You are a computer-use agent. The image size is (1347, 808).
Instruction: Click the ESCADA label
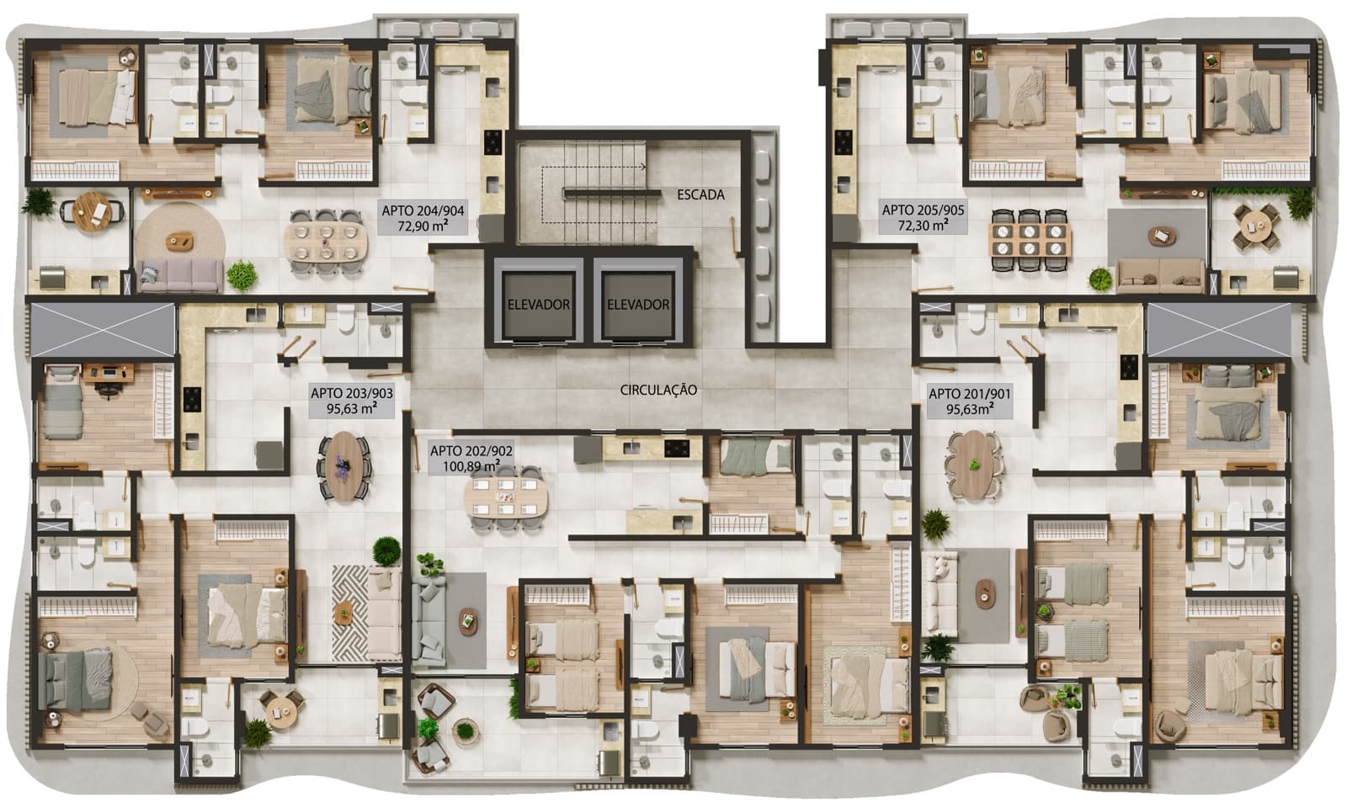tap(700, 194)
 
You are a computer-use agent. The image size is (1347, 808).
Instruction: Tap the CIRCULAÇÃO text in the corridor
tap(658, 391)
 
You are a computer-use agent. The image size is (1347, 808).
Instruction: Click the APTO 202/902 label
tap(471, 450)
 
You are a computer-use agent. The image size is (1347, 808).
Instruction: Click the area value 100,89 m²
tap(471, 466)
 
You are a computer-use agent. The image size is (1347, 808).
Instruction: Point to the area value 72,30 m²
tap(923, 226)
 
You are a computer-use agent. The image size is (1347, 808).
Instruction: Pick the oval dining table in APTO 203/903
tap(344, 466)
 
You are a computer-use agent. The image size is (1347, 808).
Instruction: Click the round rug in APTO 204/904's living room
tap(180, 241)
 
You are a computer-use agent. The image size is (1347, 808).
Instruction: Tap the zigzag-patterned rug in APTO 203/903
tap(350, 611)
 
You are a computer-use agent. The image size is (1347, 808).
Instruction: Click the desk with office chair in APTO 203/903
tap(109, 373)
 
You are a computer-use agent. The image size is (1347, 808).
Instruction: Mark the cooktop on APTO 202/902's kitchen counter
tap(677, 447)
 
